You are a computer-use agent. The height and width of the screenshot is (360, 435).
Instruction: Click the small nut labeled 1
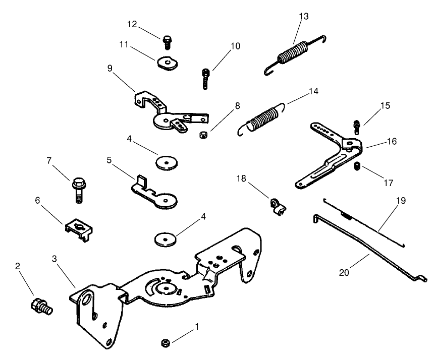(165, 343)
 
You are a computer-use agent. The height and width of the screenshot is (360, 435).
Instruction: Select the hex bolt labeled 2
(40, 305)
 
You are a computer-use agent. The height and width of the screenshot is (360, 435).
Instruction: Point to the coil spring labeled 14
(262, 119)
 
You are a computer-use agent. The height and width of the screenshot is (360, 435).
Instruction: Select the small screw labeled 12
(167, 39)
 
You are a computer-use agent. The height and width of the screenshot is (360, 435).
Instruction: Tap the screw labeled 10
(206, 79)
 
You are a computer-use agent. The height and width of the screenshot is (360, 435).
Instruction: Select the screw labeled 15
(357, 126)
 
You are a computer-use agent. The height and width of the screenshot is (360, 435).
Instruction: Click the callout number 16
(391, 142)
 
